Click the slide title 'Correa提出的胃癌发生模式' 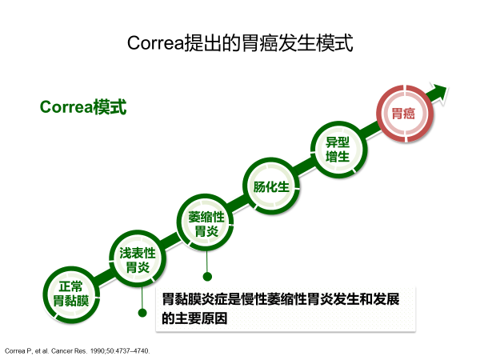coord(240,43)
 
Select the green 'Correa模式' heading coord(83,107)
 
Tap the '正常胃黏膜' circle coord(71,294)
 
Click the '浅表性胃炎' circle coord(138,258)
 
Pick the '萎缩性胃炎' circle coord(206,222)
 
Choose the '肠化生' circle coord(271,186)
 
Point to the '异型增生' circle coord(338,150)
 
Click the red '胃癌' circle coord(405,114)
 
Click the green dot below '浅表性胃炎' coord(142,313)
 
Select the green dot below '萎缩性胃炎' coord(207,277)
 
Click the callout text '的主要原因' coord(194,318)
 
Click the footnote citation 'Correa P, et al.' coord(27,351)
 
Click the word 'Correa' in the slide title coord(155,43)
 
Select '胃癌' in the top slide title coord(259,43)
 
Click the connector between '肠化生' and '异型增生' coord(305,168)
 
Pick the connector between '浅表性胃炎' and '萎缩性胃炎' coord(171,240)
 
